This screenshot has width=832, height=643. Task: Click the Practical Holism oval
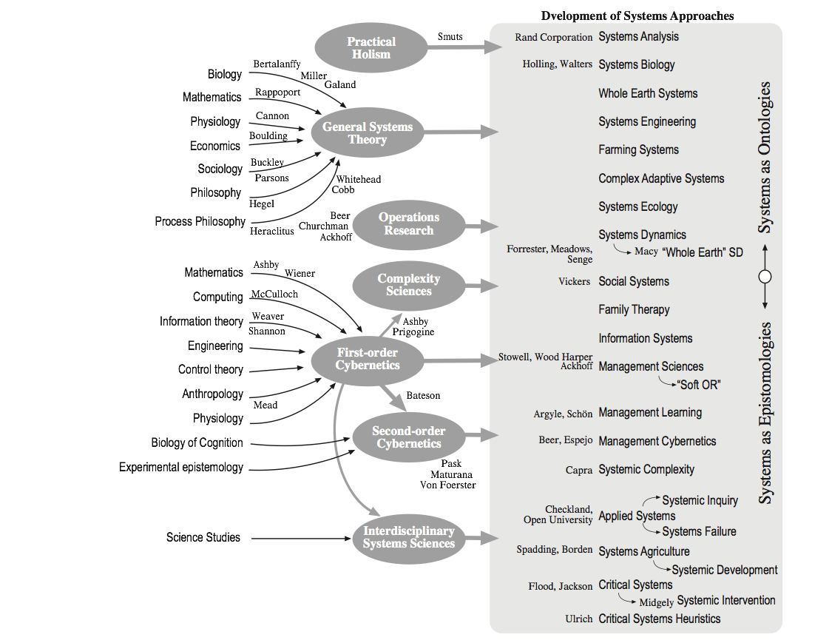[371, 48]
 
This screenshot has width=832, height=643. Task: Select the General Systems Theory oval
[368, 133]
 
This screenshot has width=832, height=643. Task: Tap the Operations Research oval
[409, 223]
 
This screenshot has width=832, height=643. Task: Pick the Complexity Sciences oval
[409, 285]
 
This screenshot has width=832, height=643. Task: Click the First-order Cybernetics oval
[368, 359]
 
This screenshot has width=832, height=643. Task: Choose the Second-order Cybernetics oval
[409, 437]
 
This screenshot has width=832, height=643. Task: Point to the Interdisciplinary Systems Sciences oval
[409, 537]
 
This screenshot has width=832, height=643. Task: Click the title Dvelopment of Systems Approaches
[637, 16]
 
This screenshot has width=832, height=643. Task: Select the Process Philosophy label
[200, 221]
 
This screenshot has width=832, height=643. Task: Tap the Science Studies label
[203, 537]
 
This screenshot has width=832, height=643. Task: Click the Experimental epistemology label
[181, 467]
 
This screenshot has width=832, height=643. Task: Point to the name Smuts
[450, 36]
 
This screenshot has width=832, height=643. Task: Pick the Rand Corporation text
[554, 37]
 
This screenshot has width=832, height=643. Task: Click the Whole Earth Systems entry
[648, 93]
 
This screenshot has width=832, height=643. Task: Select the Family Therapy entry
[634, 309]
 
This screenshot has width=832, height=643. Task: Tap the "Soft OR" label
[698, 385]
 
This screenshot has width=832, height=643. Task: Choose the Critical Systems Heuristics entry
[659, 619]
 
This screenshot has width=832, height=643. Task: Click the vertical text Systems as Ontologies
[765, 157]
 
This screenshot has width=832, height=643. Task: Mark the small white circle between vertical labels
[765, 277]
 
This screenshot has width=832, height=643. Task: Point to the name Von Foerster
[448, 485]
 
